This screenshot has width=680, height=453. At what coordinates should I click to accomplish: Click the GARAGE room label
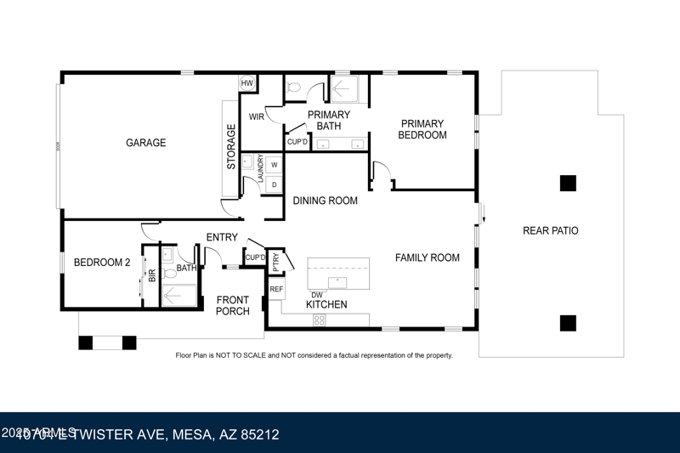[145, 143]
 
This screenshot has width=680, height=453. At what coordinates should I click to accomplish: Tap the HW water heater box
[247, 82]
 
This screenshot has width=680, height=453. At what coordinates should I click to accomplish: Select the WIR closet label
[256, 116]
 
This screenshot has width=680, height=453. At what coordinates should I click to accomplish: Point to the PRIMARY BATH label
[328, 121]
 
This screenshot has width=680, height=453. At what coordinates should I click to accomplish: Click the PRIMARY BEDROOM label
[422, 129]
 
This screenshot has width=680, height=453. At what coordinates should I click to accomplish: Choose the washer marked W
[275, 165]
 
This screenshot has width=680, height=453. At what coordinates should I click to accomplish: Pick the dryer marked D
[275, 184]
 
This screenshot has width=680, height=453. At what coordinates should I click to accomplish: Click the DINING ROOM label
[325, 201]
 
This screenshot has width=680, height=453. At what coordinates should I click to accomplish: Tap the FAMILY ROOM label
[427, 258]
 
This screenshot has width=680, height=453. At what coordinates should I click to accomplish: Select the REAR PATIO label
[550, 230]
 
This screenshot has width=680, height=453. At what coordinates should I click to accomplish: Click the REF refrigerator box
[276, 290]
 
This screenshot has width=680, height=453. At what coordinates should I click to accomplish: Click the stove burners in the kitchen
[320, 320]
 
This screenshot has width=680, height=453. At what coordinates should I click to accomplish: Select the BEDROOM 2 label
[101, 263]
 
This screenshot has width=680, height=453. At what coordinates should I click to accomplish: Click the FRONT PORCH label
[232, 305]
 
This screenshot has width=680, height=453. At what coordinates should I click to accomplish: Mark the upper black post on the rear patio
[568, 183]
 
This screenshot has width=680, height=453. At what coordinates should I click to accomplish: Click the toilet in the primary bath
[293, 86]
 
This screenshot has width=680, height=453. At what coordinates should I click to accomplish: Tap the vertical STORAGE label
[231, 147]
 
